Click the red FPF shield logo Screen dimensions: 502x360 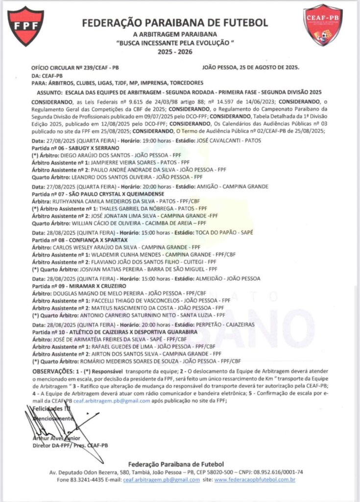click(x=25, y=25)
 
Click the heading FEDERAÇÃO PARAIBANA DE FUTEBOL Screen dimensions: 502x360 click(x=175, y=23)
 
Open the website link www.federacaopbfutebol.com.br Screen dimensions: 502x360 click(x=255, y=479)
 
